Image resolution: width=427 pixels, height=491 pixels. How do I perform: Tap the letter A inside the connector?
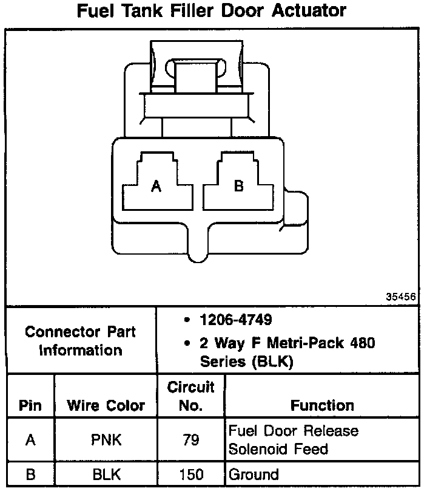pyautogui.click(x=156, y=187)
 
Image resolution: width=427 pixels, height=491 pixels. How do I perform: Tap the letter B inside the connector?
pyautogui.click(x=238, y=186)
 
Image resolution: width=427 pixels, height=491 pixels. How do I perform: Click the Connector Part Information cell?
pyautogui.click(x=80, y=341)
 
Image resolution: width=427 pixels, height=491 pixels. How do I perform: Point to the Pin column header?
pyautogui.click(x=30, y=406)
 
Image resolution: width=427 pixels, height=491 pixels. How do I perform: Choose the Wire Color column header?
pyautogui.click(x=106, y=406)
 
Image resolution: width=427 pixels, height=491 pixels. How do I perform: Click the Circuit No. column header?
pyautogui.click(x=190, y=396)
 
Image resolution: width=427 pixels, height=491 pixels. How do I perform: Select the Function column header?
pyautogui.click(x=322, y=405)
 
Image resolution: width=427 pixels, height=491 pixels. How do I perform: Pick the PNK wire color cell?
pyautogui.click(x=106, y=440)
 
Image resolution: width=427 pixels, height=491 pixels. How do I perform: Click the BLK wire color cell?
pyautogui.click(x=106, y=475)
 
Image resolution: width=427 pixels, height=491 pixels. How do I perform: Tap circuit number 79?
pyautogui.click(x=190, y=440)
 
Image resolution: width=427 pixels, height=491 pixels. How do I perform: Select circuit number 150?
pyautogui.click(x=190, y=475)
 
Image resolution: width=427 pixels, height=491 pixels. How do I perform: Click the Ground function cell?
pyautogui.click(x=254, y=475)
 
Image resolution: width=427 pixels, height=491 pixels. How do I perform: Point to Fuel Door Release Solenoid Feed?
pyautogui.click(x=293, y=440)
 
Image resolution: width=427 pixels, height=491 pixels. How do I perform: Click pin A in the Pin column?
pyautogui.click(x=30, y=440)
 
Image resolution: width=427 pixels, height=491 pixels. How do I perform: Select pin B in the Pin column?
pyautogui.click(x=30, y=475)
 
